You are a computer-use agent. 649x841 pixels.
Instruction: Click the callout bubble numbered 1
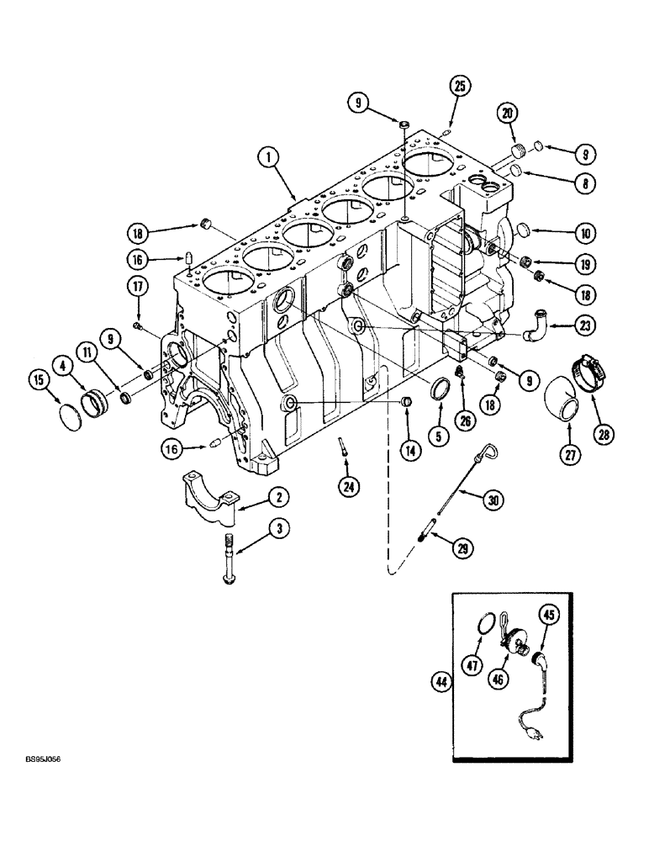pos(268,157)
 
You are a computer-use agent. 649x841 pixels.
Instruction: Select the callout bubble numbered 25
pos(458,86)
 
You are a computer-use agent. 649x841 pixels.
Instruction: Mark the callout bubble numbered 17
pos(137,287)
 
